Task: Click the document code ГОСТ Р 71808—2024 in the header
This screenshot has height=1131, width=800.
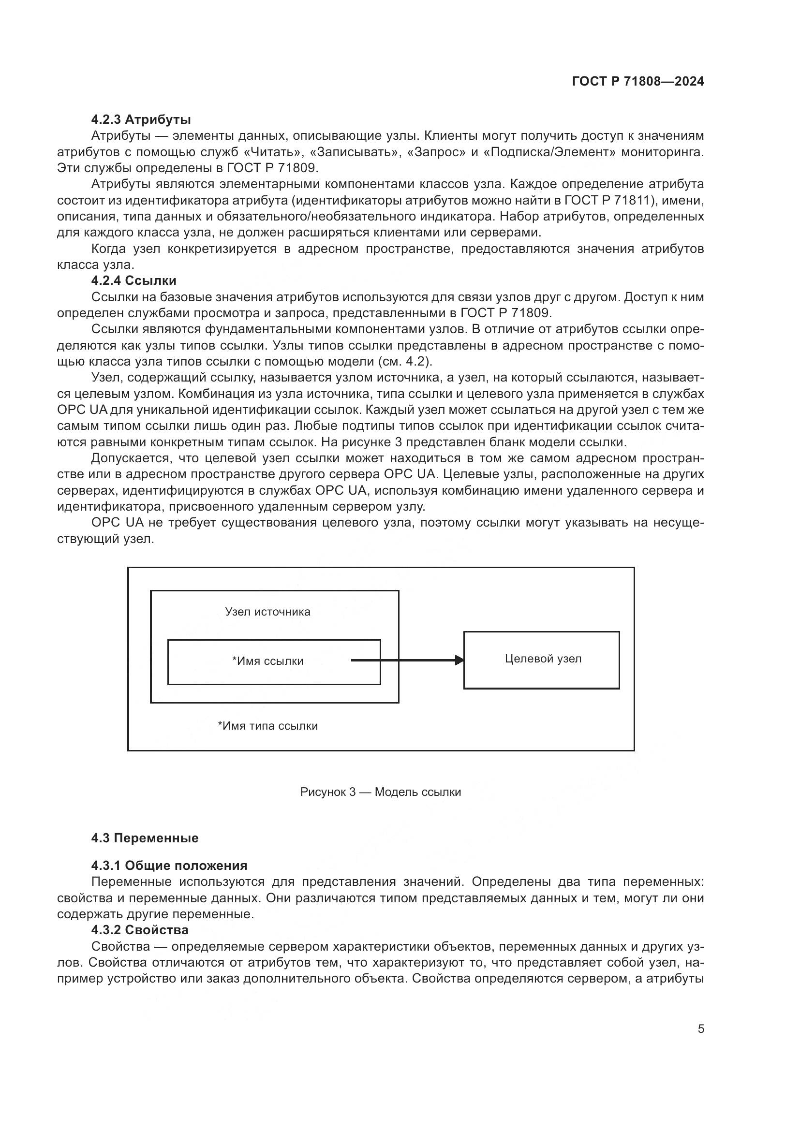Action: click(638, 81)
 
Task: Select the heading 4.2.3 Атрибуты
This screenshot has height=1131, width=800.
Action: click(141, 119)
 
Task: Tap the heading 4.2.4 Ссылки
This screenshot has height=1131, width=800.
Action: click(133, 280)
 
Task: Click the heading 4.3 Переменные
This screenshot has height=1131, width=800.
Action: click(145, 838)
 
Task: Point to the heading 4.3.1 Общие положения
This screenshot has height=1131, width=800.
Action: click(169, 866)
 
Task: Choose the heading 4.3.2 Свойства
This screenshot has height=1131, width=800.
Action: click(139, 930)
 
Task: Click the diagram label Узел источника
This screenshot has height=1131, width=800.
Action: click(267, 612)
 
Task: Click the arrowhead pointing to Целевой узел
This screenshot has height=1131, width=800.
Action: click(459, 660)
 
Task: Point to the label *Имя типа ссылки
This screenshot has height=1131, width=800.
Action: click(267, 726)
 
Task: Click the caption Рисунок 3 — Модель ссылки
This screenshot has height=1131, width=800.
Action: click(380, 792)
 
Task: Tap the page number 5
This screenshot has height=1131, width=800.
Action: click(700, 1029)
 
